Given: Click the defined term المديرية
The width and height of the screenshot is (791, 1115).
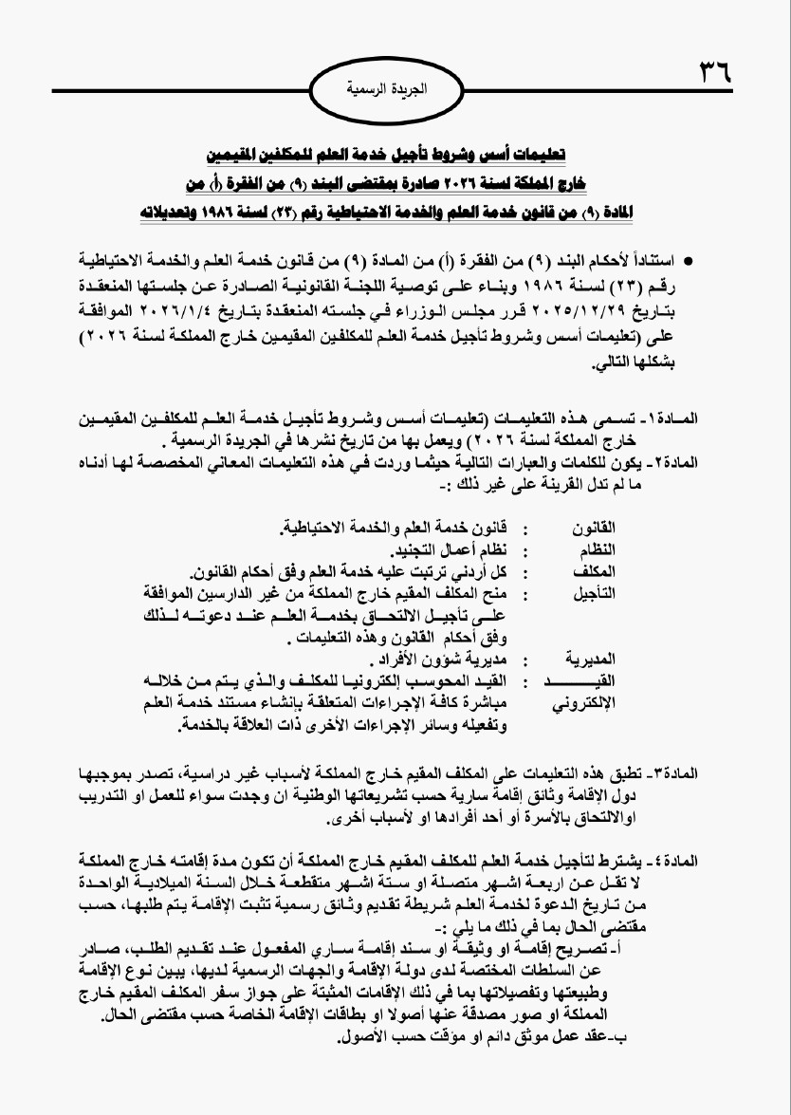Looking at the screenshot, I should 592,657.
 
